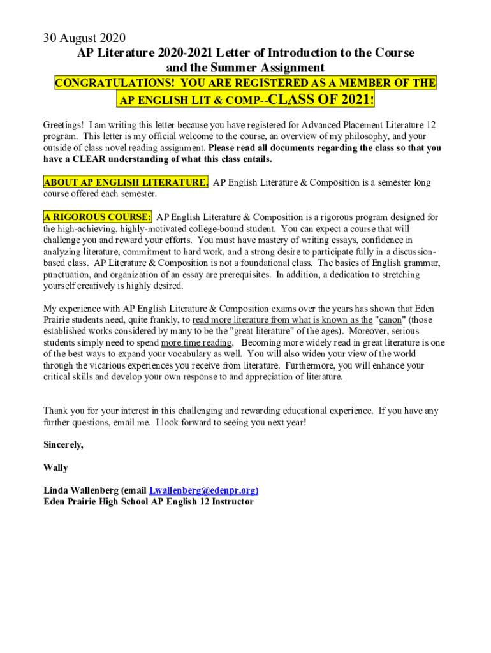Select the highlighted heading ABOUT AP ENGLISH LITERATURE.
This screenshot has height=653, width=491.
click(x=126, y=183)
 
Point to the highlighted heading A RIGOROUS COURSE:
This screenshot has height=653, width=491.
click(x=98, y=217)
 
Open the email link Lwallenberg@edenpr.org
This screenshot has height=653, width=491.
click(x=203, y=490)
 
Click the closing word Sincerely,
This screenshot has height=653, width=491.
click(x=63, y=444)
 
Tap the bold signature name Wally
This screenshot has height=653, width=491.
click(x=55, y=467)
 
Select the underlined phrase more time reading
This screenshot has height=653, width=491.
click(x=196, y=343)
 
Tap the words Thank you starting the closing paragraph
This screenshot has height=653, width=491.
click(x=63, y=411)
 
